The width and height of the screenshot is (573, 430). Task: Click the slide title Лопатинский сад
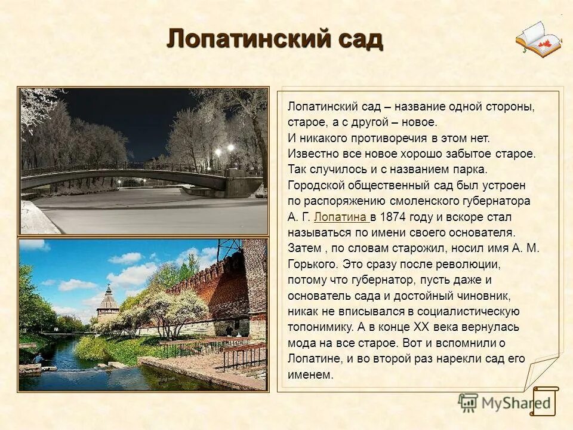[275, 39]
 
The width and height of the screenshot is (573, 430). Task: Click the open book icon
[538, 39]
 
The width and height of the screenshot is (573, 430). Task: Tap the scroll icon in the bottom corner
[544, 402]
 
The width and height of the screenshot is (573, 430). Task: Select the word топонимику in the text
[321, 327]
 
